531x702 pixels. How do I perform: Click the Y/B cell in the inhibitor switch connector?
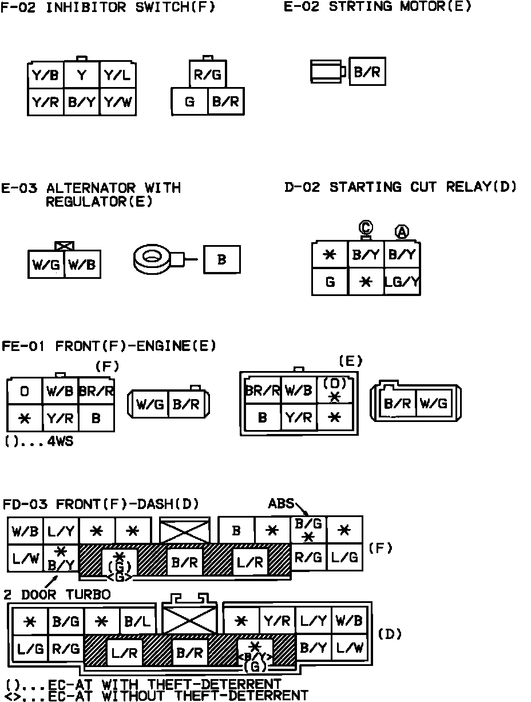click(x=45, y=75)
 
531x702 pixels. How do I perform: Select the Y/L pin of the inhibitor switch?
click(x=118, y=75)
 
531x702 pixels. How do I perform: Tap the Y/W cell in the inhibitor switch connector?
click(x=118, y=102)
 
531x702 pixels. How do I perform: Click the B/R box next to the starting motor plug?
click(x=367, y=72)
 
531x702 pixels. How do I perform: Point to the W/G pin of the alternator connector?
click(x=46, y=265)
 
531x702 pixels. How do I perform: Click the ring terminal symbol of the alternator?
click(x=152, y=259)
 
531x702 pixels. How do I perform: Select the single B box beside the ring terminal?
click(x=222, y=259)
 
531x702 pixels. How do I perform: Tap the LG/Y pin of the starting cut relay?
click(x=402, y=282)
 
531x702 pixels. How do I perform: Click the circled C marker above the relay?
click(x=366, y=228)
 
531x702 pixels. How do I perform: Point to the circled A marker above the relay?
click(x=402, y=232)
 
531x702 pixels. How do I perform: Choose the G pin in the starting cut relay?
click(x=330, y=282)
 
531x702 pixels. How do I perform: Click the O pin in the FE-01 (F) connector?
click(x=25, y=392)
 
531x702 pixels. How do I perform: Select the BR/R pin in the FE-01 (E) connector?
click(x=263, y=391)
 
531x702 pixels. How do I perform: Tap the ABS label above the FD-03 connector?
click(x=280, y=504)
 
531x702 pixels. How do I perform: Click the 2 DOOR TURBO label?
click(x=57, y=594)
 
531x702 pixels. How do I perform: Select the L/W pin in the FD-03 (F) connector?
click(x=25, y=557)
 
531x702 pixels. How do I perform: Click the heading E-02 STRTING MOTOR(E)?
click(x=378, y=7)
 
